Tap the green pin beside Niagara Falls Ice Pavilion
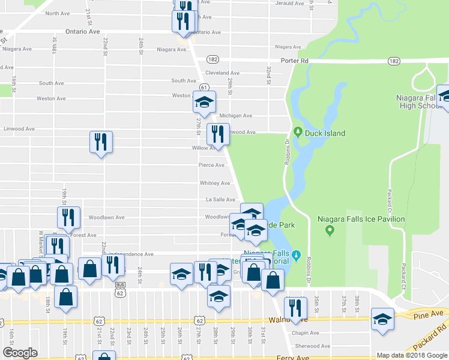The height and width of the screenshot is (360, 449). click(x=329, y=230)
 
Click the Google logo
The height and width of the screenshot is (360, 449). click(x=20, y=353)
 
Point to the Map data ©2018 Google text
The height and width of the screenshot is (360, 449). click(x=411, y=355)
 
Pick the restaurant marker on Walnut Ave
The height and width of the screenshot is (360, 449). click(x=295, y=308)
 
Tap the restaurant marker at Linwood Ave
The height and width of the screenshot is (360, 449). click(x=218, y=134)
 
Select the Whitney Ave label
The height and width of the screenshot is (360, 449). click(x=214, y=183)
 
